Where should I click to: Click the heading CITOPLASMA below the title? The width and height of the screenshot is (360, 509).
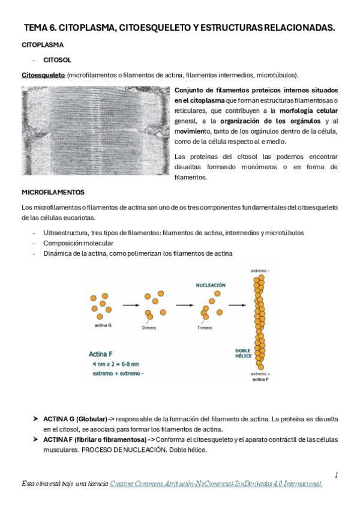pyautogui.click(x=43, y=45)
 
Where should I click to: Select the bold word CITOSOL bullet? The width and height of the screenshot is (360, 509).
pyautogui.click(x=57, y=60)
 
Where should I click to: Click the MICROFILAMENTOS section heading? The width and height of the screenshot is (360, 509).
pyautogui.click(x=53, y=192)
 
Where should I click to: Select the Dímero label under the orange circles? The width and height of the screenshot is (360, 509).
pyautogui.click(x=150, y=328)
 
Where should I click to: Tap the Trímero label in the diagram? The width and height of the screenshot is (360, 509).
pyautogui.click(x=205, y=328)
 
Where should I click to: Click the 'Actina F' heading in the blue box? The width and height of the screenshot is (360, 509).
pyautogui.click(x=104, y=353)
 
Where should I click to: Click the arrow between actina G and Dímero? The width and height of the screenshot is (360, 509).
pyautogui.click(x=132, y=306)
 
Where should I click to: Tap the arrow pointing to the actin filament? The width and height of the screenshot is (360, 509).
pyautogui.click(x=238, y=306)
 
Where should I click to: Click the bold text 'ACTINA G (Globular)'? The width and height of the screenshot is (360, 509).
pyautogui.click(x=75, y=418)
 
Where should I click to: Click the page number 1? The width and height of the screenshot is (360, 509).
pyautogui.click(x=337, y=475)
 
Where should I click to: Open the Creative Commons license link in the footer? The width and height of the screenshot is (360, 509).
pyautogui.click(x=216, y=483)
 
